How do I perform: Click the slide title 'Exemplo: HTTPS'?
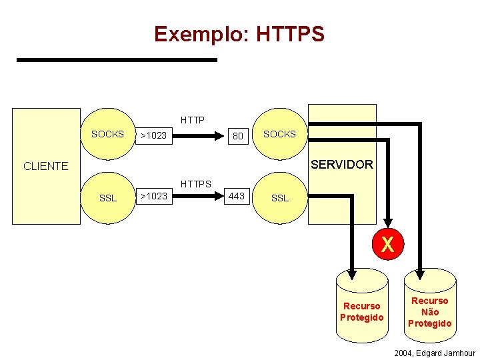tap(239, 33)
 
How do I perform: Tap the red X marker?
tap(387, 245)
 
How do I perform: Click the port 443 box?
tap(237, 196)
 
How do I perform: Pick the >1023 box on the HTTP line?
tap(154, 135)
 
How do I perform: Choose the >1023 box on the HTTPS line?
tap(154, 196)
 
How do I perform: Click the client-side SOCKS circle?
tap(107, 135)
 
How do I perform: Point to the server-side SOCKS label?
tap(279, 134)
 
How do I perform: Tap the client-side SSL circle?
tap(107, 198)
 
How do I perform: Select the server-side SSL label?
tap(280, 198)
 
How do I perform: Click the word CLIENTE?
tap(45, 166)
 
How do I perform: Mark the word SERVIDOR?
tap(342, 164)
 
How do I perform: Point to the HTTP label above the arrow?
tap(193, 120)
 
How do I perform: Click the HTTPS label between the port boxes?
tap(195, 183)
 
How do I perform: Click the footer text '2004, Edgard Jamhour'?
tap(434, 353)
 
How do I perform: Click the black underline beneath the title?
tap(117, 60)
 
